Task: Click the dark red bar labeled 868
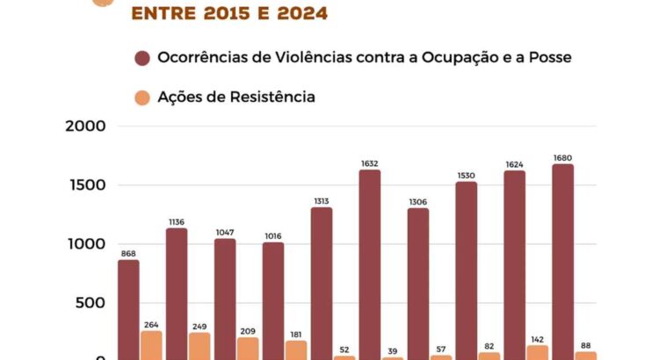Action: pyautogui.click(x=128, y=309)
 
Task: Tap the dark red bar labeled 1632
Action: pyautogui.click(x=370, y=263)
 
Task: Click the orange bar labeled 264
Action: pyautogui.click(x=151, y=344)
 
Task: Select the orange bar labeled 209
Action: pyautogui.click(x=248, y=348)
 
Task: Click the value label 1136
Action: pyautogui.click(x=176, y=221)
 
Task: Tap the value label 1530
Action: pyautogui.click(x=466, y=175)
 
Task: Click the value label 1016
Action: pyautogui.click(x=272, y=235)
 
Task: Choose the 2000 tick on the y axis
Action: pyautogui.click(x=86, y=126)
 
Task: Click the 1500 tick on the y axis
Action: pyautogui.click(x=88, y=185)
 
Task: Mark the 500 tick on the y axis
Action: pyautogui.click(x=92, y=304)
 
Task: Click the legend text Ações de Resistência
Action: pyautogui.click(x=235, y=97)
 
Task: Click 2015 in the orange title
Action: pyautogui.click(x=214, y=13)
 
